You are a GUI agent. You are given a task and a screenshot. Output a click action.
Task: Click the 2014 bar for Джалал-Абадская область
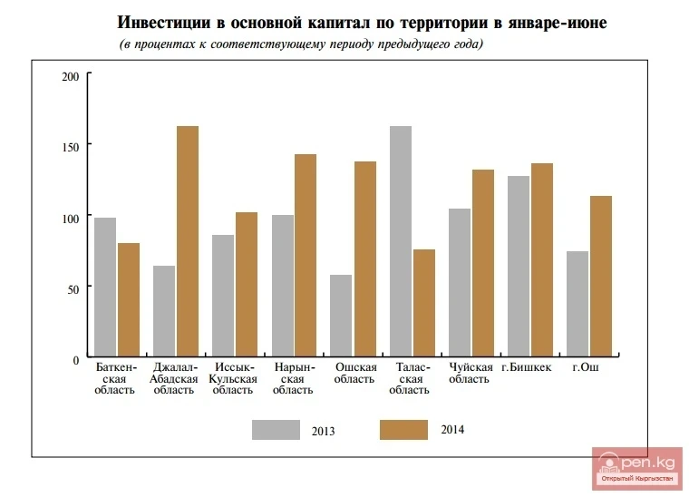(187, 241)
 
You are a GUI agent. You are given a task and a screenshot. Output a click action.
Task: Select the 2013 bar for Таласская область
(400, 241)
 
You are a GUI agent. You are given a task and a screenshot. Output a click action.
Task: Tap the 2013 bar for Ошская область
(341, 316)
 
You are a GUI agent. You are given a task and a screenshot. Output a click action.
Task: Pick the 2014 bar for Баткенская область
(128, 300)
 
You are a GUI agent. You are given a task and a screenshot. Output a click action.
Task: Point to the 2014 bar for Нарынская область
(305, 256)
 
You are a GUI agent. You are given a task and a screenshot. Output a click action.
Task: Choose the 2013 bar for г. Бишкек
(519, 267)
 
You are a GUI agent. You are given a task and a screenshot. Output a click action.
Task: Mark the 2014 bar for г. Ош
(600, 277)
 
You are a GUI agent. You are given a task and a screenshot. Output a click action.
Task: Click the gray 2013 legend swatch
(276, 430)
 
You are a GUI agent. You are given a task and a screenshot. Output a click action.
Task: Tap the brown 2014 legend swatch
(403, 430)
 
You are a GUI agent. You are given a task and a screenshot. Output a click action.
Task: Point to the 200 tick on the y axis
(72, 76)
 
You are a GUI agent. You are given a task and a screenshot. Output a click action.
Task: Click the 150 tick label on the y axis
(71, 147)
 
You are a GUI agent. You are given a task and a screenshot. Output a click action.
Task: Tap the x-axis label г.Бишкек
(526, 367)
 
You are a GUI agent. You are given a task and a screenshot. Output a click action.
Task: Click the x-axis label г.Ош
(587, 367)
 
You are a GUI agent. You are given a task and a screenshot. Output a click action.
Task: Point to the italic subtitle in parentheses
(301, 44)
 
